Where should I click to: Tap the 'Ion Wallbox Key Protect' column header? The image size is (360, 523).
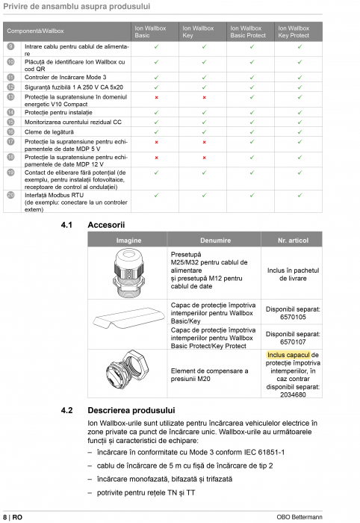(294, 31)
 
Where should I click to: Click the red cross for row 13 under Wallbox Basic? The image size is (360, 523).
(156, 97)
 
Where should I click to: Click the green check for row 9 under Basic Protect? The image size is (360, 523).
(252, 46)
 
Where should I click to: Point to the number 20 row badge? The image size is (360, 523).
(10, 195)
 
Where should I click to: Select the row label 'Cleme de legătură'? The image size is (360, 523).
(49, 131)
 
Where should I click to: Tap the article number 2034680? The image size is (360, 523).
(292, 394)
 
